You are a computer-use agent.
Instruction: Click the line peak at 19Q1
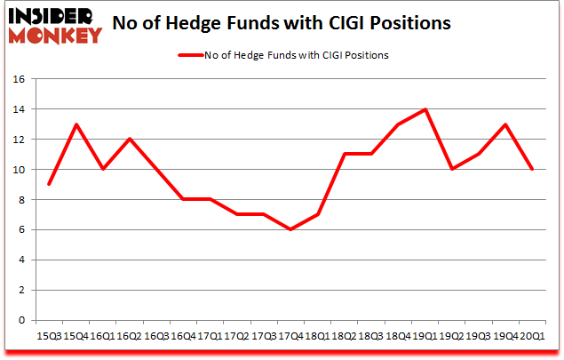426,109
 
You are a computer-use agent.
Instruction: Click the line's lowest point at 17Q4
290,229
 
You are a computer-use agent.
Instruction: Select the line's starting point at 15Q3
48,184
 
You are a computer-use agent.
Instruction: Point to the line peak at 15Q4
75,124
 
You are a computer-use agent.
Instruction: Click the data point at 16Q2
130,139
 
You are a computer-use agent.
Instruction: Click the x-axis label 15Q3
48,337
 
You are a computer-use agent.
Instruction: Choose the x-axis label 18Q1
318,337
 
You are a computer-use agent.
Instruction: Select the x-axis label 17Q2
237,337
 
